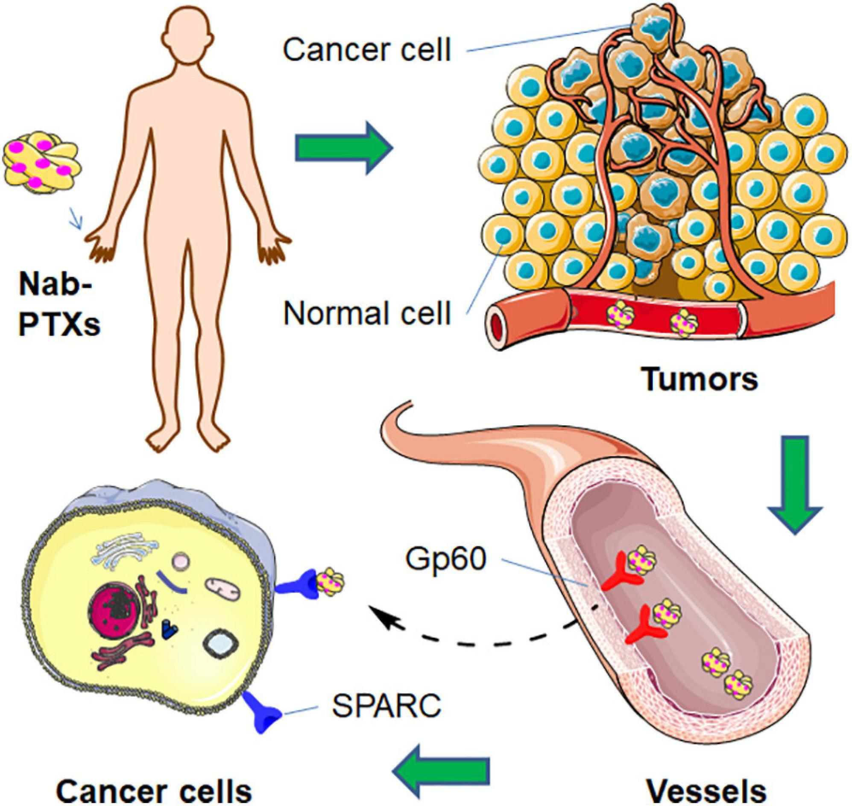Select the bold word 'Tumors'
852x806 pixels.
pos(701,379)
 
